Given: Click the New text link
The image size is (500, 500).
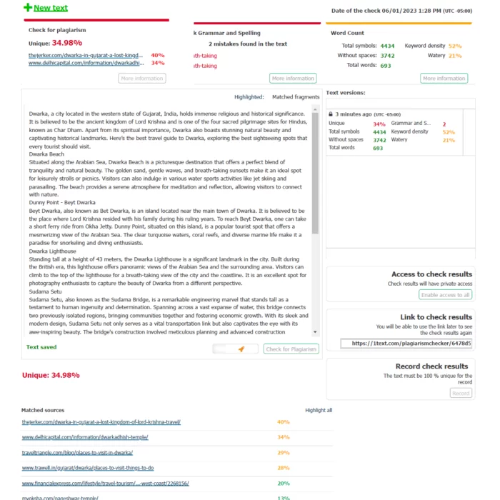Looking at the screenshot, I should click(51, 8).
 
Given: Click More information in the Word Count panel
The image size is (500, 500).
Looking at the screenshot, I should click(444, 78).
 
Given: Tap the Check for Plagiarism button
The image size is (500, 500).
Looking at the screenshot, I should click(291, 349).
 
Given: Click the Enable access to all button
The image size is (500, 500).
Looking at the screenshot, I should click(445, 294).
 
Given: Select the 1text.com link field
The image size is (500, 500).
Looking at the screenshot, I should click(406, 344).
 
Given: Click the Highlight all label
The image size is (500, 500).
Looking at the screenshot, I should click(319, 410).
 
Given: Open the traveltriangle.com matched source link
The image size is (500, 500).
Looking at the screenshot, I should click(76, 452).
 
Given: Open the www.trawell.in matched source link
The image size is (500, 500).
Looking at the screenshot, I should click(87, 468).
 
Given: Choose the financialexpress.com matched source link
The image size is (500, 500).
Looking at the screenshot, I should click(105, 483).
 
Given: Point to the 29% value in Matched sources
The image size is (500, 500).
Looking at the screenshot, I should click(283, 452).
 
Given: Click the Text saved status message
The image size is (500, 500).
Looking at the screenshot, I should click(41, 347).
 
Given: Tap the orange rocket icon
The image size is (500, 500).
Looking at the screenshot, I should click(242, 349).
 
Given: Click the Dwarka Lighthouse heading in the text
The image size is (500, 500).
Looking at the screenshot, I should click(53, 251).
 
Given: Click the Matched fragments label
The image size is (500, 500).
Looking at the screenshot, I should click(296, 96).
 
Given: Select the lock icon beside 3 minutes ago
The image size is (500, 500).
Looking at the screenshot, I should click(331, 114).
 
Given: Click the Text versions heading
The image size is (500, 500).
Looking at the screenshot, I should click(345, 93).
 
